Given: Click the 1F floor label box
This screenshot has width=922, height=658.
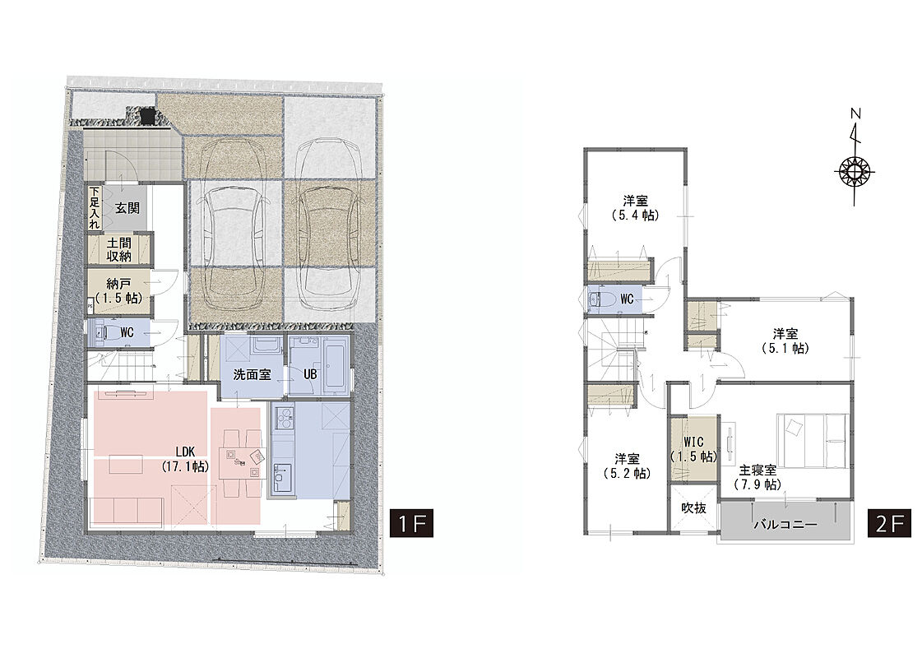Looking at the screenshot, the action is click(x=411, y=523).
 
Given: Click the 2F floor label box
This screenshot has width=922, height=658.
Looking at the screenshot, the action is click(x=889, y=523).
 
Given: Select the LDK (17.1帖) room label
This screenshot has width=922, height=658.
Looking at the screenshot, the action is click(x=184, y=459).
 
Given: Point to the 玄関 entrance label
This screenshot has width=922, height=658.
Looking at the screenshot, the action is click(x=127, y=208).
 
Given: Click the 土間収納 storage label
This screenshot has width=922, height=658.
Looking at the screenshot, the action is click(x=119, y=249).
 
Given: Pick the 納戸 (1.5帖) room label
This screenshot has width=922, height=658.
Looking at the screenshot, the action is click(x=118, y=291).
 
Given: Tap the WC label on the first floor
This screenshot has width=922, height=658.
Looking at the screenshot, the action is click(x=127, y=333).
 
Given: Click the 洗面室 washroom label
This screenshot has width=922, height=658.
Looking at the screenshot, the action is click(x=252, y=374).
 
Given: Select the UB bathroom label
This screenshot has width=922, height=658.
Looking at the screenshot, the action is click(x=310, y=374).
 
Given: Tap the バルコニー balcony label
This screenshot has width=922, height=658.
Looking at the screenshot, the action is click(x=785, y=524).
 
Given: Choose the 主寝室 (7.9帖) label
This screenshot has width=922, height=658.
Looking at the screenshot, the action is click(x=758, y=478).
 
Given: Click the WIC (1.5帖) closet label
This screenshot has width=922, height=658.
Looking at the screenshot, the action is click(x=694, y=449).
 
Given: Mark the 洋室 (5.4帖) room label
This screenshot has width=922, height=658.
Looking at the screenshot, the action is click(x=635, y=207).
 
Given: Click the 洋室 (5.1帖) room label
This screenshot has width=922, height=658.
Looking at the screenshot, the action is click(x=785, y=341).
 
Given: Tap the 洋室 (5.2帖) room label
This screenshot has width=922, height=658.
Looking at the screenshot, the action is click(x=628, y=466).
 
